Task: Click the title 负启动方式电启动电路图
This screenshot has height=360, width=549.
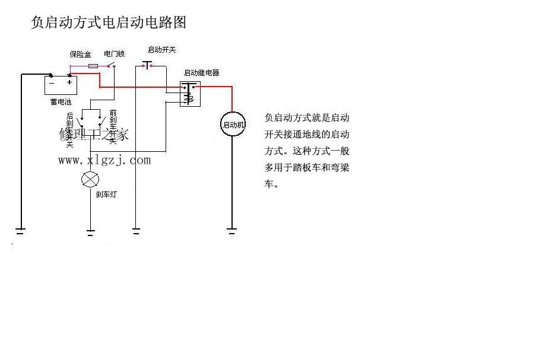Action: click(x=109, y=23)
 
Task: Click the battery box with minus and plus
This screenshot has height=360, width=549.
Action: click(x=62, y=85)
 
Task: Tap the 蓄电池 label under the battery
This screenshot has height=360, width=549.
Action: click(x=61, y=103)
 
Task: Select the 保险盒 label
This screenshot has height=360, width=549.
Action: click(x=80, y=54)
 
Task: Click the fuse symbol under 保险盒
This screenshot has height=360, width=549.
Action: click(x=93, y=66)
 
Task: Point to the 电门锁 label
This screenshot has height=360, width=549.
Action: click(x=115, y=54)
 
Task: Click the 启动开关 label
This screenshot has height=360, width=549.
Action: click(x=161, y=50)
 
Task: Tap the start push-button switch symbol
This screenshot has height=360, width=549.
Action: click(x=147, y=64)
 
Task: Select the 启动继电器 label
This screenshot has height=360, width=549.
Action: click(x=201, y=73)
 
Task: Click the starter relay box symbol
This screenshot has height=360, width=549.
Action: click(x=191, y=93)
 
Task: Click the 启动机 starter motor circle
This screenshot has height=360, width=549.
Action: click(x=233, y=125)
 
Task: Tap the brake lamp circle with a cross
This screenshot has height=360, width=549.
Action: click(x=90, y=179)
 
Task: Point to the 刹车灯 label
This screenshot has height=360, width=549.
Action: click(x=107, y=194)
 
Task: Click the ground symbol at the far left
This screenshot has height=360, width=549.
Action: click(x=21, y=231)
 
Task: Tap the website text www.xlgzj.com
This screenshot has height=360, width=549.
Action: click(x=104, y=160)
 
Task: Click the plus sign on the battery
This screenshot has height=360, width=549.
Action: click(x=69, y=82)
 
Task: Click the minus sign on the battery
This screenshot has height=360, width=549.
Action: click(x=52, y=82)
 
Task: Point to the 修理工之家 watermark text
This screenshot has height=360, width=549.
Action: click(x=94, y=135)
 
